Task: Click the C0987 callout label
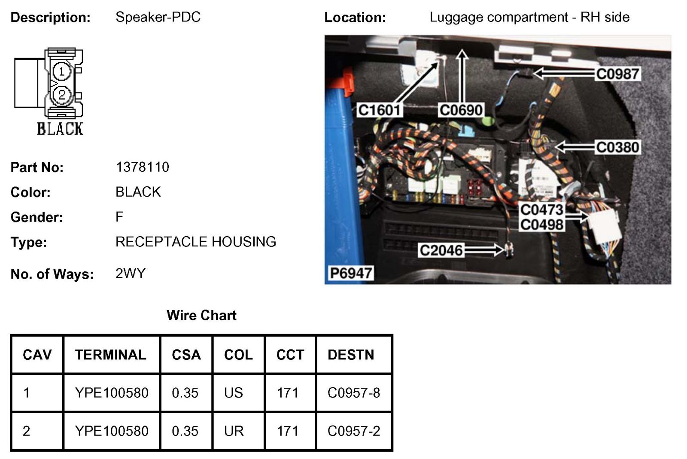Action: click(617, 74)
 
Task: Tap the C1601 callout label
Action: click(379, 110)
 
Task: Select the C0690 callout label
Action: click(461, 110)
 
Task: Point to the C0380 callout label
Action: click(617, 147)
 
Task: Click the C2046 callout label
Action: click(441, 250)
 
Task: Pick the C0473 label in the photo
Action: click(541, 210)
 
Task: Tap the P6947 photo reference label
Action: click(350, 273)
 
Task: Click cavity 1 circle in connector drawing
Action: click(62, 71)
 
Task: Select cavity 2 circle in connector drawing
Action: click(62, 94)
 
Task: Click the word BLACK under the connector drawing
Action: click(60, 129)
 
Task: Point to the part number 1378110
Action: click(142, 167)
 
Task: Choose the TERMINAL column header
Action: click(111, 355)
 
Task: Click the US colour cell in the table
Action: click(233, 392)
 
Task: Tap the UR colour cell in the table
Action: click(234, 431)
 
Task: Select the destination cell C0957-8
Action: click(353, 392)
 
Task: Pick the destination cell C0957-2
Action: click(353, 431)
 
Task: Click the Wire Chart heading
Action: click(201, 315)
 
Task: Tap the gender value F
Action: click(119, 217)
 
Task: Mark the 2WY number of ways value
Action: click(131, 274)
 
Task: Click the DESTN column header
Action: click(350, 355)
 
